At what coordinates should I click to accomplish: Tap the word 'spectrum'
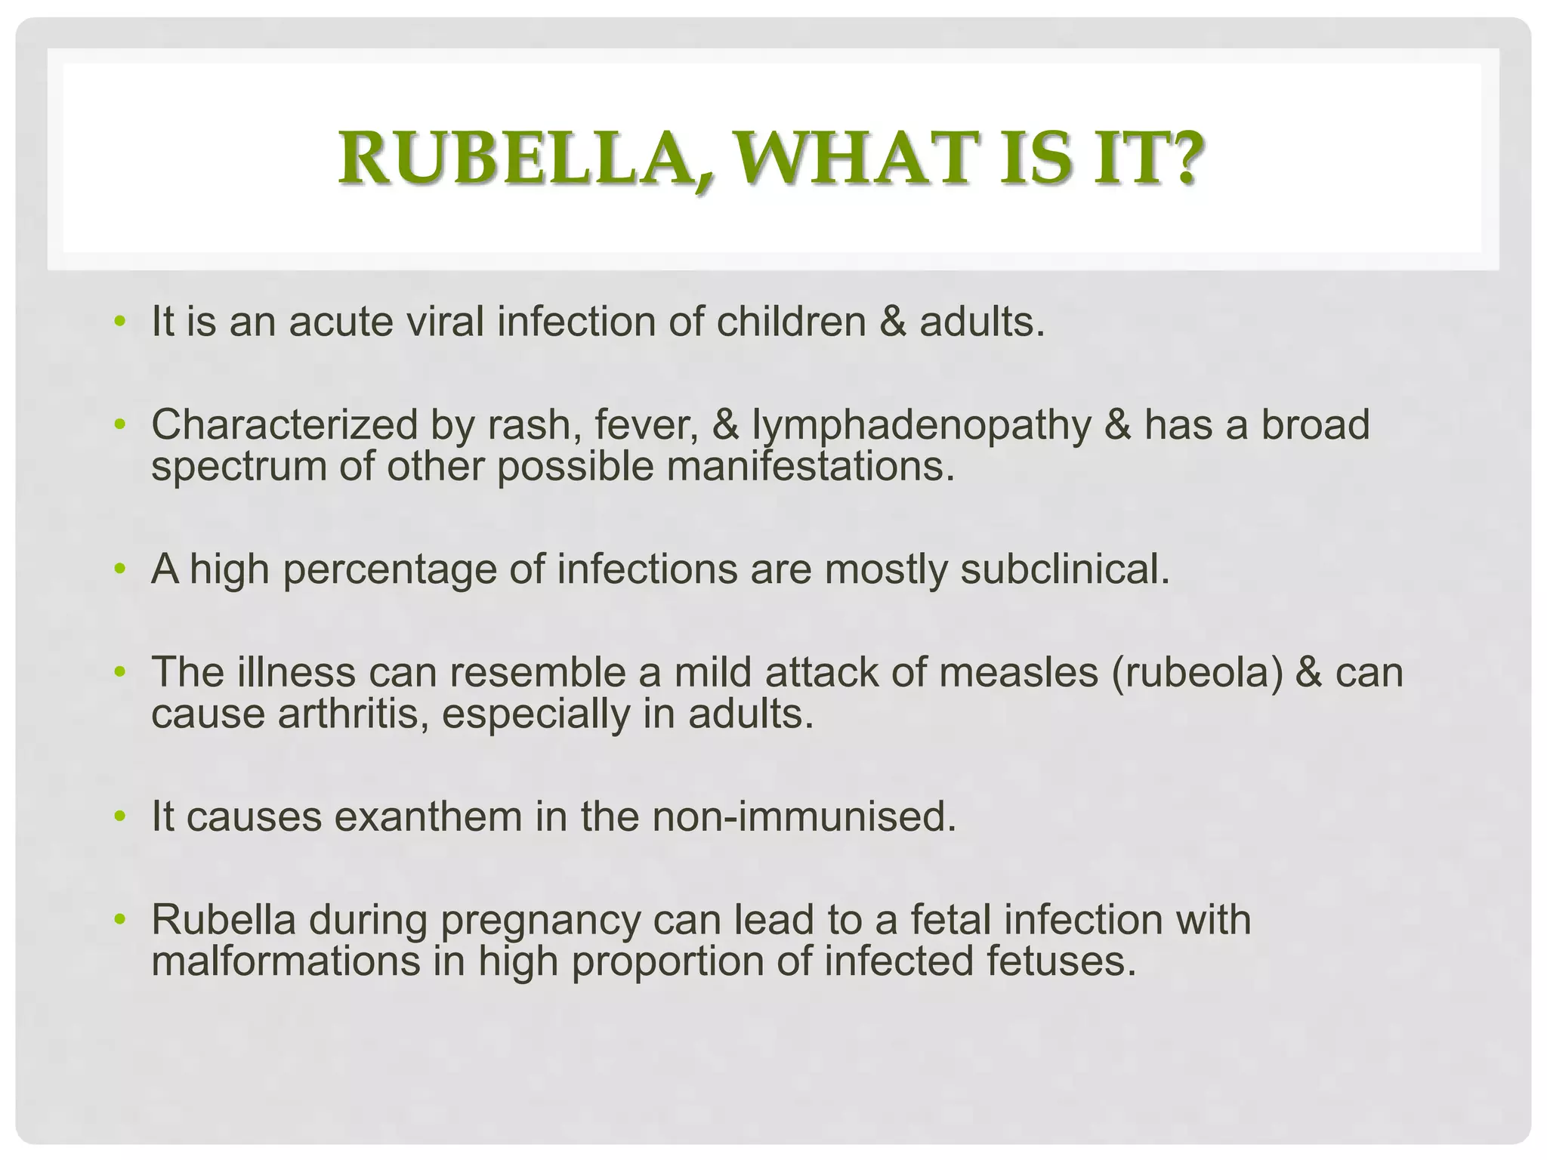click(x=239, y=467)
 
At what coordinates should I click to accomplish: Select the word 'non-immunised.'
click(x=804, y=817)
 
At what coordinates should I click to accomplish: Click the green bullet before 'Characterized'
click(x=118, y=425)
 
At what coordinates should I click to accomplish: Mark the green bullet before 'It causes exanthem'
click(x=118, y=817)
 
